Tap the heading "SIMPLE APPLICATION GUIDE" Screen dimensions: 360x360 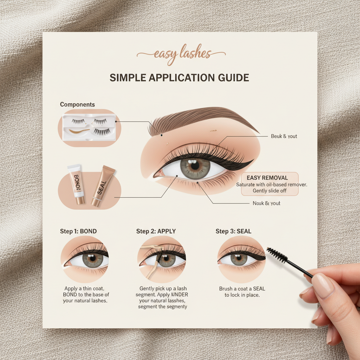179,78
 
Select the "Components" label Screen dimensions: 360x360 77,104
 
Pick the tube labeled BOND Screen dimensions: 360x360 76,184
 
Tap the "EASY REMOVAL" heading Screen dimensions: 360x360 267,178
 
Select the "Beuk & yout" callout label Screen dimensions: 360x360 284,136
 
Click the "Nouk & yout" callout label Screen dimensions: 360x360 266,203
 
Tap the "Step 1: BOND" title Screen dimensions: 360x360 78,231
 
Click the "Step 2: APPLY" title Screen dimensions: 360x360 156,231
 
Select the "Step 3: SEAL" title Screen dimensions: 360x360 233,231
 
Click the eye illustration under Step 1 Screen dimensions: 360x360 85,260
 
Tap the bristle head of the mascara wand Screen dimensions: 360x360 277,255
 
